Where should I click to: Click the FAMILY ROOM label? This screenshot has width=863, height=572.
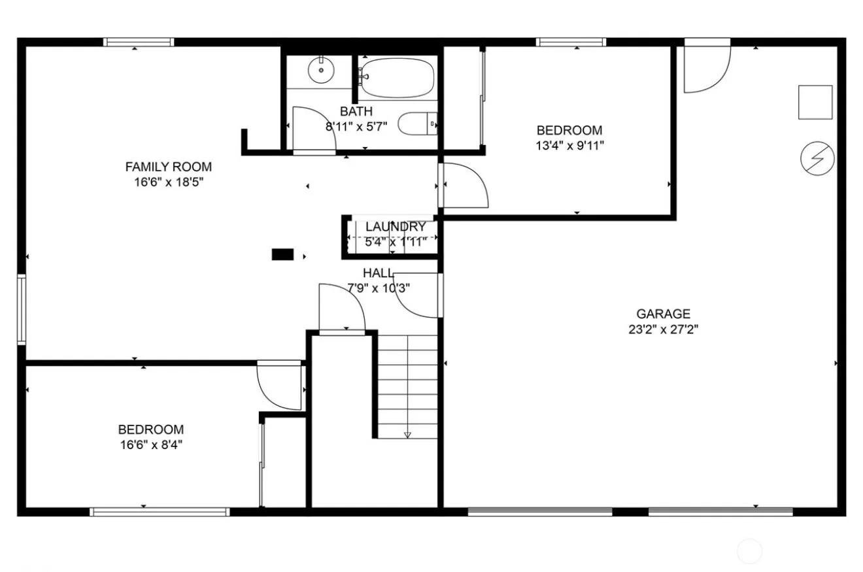(x=169, y=167)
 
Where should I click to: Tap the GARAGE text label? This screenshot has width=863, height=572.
(x=663, y=314)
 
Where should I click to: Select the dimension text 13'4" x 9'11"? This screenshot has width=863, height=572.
(x=569, y=146)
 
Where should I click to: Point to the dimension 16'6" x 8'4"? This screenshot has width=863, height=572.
(x=151, y=445)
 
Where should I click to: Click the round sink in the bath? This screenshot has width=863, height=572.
(x=321, y=70)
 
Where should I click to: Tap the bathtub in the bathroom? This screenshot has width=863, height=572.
(x=397, y=78)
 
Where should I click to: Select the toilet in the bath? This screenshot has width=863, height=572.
(x=418, y=124)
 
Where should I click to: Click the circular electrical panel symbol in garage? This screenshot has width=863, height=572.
(x=817, y=158)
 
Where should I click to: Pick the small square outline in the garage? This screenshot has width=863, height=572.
(x=815, y=102)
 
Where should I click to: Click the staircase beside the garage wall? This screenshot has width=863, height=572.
(x=407, y=387)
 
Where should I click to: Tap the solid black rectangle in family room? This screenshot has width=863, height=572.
(x=283, y=254)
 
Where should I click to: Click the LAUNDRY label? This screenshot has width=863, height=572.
(x=396, y=226)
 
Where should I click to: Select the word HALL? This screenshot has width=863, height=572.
(x=378, y=273)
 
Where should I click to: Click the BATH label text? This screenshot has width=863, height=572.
(x=356, y=111)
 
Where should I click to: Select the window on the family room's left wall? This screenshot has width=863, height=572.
(x=22, y=309)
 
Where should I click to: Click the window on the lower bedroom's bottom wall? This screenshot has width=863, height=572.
(x=160, y=511)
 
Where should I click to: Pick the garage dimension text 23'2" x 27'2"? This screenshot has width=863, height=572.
(x=663, y=329)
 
